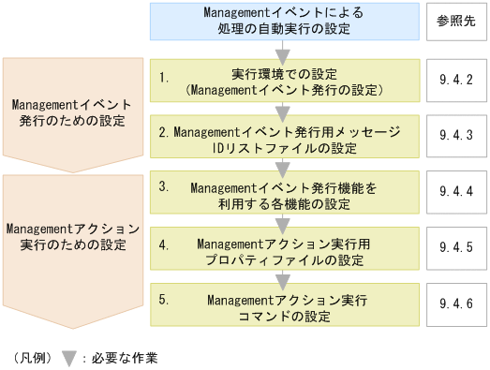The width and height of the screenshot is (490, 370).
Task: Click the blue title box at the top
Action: coord(282,22)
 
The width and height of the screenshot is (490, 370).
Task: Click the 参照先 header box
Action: coord(455,22)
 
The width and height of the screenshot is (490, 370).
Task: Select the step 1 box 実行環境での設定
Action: coord(283,81)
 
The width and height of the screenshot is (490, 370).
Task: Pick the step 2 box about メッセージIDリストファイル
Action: coord(283,140)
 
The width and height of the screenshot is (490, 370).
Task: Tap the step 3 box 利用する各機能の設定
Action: coord(283,196)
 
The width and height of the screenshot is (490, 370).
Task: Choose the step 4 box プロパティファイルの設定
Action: coord(283,252)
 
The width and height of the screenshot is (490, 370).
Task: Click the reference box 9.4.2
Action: coord(455,81)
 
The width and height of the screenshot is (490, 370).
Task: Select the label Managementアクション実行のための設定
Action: coord(74,236)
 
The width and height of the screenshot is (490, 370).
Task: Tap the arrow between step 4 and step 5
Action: coord(283,279)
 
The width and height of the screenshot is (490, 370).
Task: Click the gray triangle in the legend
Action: coord(68,357)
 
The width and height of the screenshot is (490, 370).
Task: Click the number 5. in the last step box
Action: coord(164,301)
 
